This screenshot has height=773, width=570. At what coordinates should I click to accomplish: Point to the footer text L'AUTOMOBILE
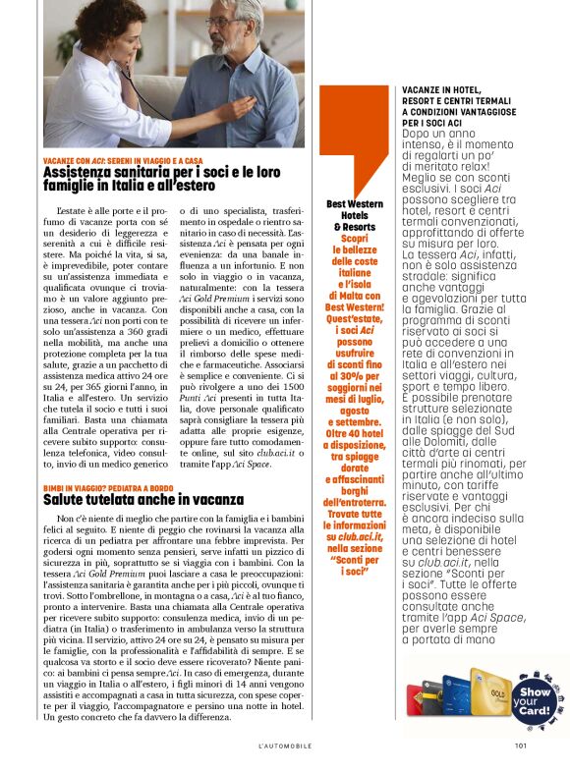pos(285,745)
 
